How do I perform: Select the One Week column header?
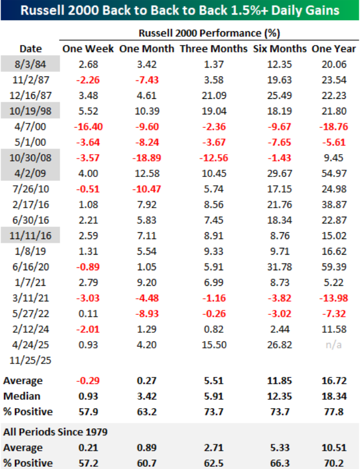(89, 49)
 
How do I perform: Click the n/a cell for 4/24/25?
(333, 345)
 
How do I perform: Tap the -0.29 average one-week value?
(89, 381)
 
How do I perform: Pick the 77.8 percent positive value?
(333, 411)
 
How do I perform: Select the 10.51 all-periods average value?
(333, 447)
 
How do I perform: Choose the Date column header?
(30, 49)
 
